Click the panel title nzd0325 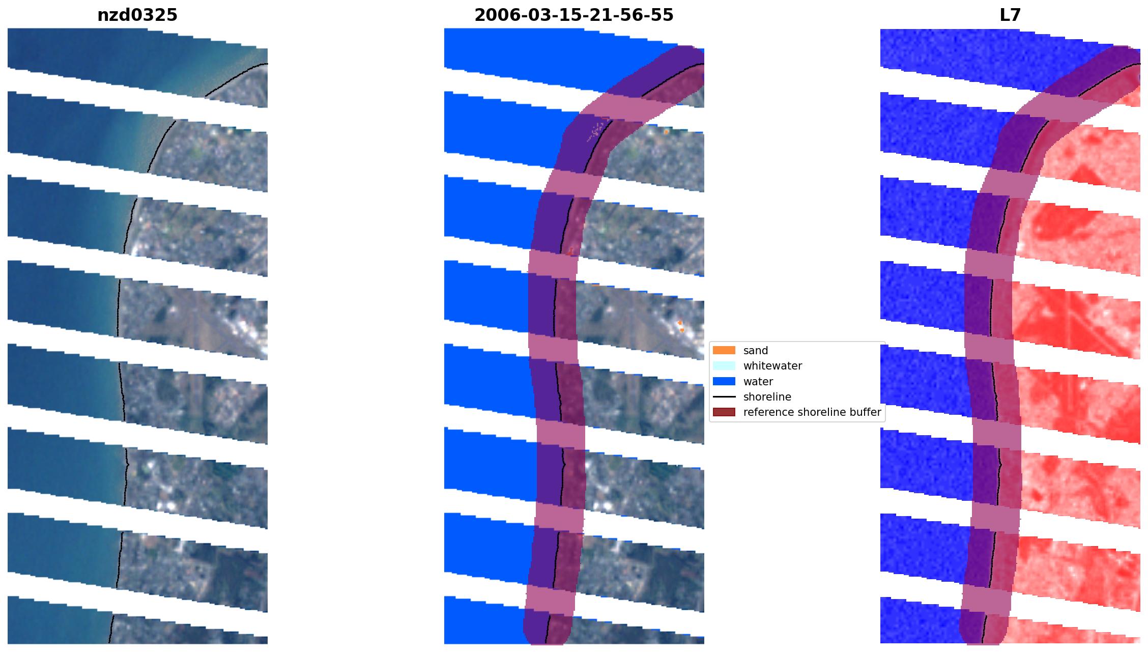coord(137,15)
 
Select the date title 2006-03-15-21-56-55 coord(573,15)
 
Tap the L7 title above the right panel coord(1010,15)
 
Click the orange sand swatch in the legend coord(724,350)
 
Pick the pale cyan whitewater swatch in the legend coord(724,365)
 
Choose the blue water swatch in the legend coord(724,381)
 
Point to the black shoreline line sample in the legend coord(724,396)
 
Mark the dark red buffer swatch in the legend coord(724,412)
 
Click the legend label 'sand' coord(755,350)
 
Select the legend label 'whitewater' coord(772,365)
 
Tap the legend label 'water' coord(758,381)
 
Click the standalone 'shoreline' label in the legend coord(767,396)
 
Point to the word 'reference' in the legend coord(767,412)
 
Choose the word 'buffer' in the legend coord(865,412)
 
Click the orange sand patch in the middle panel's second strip coord(666,131)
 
